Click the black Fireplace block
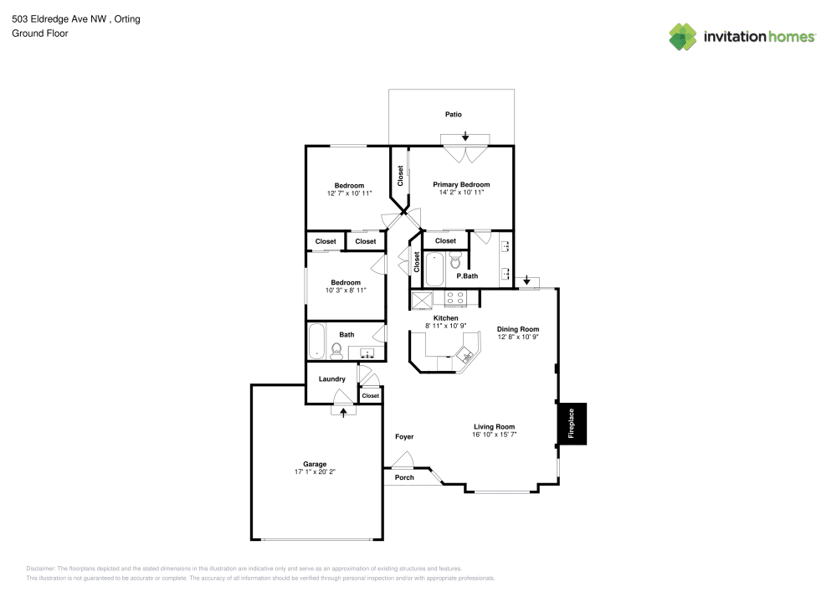pyautogui.click(x=573, y=424)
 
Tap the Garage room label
pyautogui.click(x=315, y=464)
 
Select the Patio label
pyautogui.click(x=453, y=114)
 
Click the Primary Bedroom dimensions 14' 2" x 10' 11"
pyautogui.click(x=461, y=193)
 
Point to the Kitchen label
pyautogui.click(x=445, y=318)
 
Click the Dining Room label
pyautogui.click(x=517, y=329)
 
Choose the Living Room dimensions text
pyautogui.click(x=494, y=435)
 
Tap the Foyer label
pyautogui.click(x=404, y=436)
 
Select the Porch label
pyautogui.click(x=404, y=477)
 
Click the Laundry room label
pyautogui.click(x=332, y=379)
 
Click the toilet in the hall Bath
pyautogui.click(x=337, y=350)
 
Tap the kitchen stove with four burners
pyautogui.click(x=456, y=297)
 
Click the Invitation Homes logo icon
pyautogui.click(x=683, y=36)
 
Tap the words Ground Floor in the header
pyautogui.click(x=39, y=33)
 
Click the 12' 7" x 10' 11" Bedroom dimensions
pyautogui.click(x=349, y=193)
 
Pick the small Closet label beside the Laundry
pyautogui.click(x=370, y=395)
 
